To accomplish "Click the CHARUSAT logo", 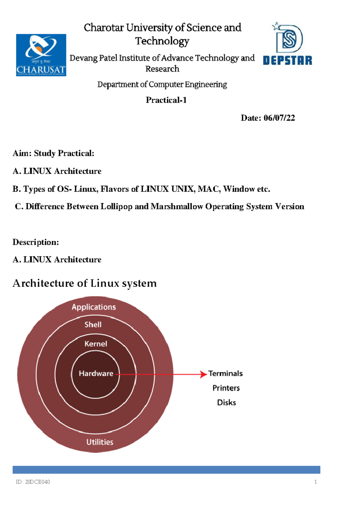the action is (x=41, y=55).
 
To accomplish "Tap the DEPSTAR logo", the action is (x=288, y=44).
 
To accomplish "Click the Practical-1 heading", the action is (x=166, y=100).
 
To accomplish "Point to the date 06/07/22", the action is (x=279, y=118).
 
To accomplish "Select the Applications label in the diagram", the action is (x=94, y=307).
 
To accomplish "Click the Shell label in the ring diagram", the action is (x=93, y=325).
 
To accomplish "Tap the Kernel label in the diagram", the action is (x=96, y=344).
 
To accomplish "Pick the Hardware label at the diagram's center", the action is (x=96, y=373).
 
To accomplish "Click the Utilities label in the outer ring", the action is (x=100, y=442).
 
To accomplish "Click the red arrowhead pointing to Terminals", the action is (x=204, y=374).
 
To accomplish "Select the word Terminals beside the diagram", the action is (x=226, y=373).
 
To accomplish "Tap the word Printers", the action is (x=226, y=388).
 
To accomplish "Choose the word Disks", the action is (x=226, y=403).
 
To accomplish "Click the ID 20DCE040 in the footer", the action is (x=33, y=482).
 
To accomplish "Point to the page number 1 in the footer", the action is (x=315, y=482).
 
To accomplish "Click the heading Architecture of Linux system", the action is (x=85, y=283).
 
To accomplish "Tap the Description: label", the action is (x=36, y=242).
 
